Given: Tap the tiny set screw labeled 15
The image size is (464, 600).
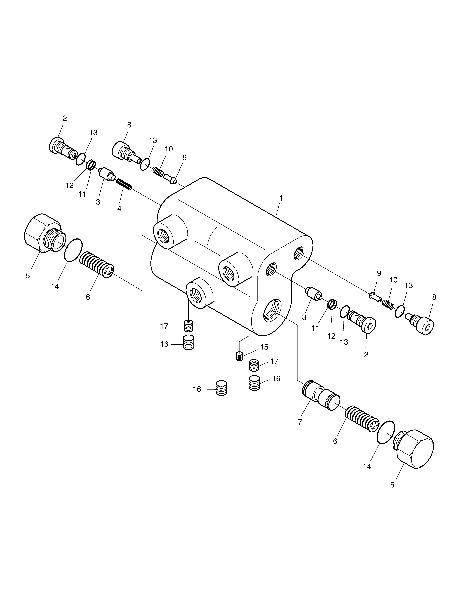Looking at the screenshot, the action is point(239,356).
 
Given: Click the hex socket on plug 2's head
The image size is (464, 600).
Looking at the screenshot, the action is point(370,326).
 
